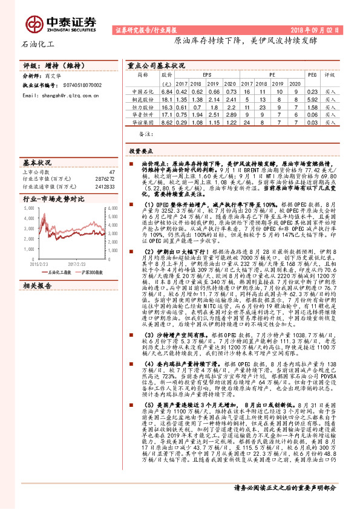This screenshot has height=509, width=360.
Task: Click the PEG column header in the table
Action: pos(312,75)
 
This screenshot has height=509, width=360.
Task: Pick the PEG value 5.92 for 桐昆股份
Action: pos(312,99)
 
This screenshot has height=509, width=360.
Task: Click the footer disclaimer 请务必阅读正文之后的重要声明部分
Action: pos(286,503)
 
